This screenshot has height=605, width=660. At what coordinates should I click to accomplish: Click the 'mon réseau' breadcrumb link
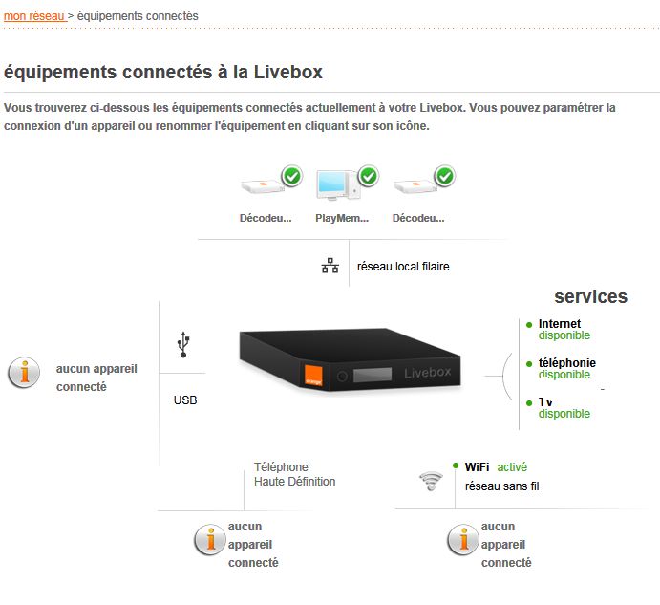(33, 16)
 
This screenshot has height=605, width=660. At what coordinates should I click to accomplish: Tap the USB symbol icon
(184, 344)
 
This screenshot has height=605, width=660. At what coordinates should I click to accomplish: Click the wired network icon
(330, 267)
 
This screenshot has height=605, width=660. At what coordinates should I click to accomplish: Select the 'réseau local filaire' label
(403, 267)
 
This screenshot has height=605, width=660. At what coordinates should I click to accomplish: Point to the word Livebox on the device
(426, 372)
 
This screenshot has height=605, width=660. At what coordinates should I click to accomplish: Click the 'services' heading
(590, 296)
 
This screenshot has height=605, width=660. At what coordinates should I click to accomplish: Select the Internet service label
(560, 324)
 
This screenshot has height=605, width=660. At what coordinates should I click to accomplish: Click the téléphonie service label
(566, 363)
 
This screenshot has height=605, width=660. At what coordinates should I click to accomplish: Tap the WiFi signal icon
(432, 481)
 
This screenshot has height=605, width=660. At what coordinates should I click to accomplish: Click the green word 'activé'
(512, 467)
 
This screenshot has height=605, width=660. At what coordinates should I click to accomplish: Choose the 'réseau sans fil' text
(501, 486)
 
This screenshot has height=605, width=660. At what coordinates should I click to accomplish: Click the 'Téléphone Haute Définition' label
(294, 475)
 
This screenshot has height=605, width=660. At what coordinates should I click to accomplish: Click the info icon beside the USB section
(24, 374)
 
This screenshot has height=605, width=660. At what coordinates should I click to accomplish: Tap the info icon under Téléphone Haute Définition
(209, 542)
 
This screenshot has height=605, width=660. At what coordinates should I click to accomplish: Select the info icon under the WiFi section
(462, 542)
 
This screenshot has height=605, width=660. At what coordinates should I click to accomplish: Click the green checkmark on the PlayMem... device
(369, 177)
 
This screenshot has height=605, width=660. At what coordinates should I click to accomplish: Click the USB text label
(185, 400)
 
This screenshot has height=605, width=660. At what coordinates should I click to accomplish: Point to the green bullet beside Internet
(529, 325)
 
